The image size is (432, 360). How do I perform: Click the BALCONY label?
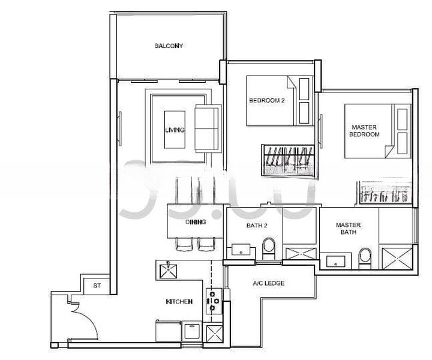(169, 46)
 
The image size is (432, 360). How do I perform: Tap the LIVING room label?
(175, 130)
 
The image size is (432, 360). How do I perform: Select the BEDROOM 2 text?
(266, 101)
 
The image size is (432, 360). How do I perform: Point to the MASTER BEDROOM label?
(364, 131)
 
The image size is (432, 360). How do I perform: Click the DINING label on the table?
(196, 222)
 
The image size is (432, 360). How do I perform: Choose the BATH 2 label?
(257, 226)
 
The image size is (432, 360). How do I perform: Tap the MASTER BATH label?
(348, 229)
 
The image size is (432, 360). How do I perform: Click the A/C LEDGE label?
(269, 283)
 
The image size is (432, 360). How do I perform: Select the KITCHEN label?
(179, 302)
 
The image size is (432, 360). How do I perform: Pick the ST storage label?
(97, 286)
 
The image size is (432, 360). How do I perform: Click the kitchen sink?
(168, 271)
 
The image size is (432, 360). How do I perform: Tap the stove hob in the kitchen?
(214, 301)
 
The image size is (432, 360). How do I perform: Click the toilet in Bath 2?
(268, 248)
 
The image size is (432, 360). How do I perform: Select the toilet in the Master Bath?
(365, 258)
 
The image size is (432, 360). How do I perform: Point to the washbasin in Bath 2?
(241, 250)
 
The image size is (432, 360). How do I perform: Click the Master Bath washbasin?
(335, 261)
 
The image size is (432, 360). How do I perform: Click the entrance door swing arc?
(88, 320)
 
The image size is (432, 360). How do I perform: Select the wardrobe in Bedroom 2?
(288, 160)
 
